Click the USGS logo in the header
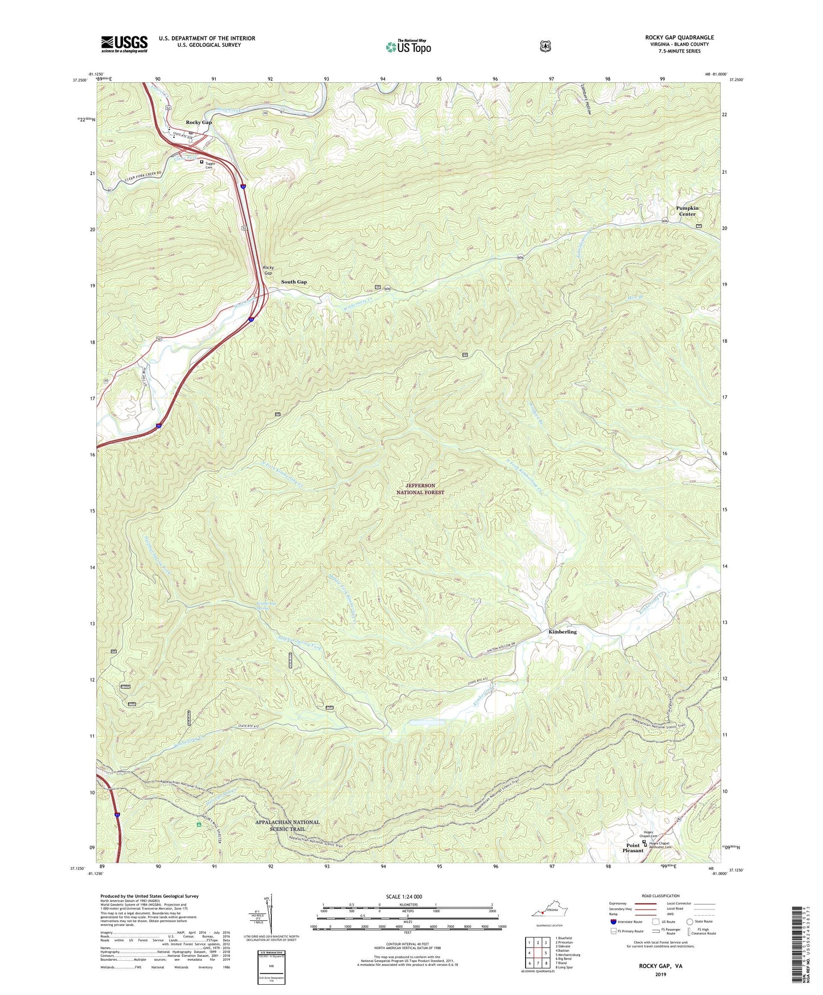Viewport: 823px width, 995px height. pos(124,43)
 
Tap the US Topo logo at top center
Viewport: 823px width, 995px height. pos(408,46)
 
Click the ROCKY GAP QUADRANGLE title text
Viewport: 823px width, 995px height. pos(679,38)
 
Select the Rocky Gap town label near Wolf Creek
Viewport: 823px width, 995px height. pos(199,123)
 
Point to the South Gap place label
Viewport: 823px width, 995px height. pos(294,282)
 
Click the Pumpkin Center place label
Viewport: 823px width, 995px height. pos(687,211)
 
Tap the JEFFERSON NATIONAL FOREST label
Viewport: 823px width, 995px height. pos(420,489)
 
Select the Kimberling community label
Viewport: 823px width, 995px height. pos(562,632)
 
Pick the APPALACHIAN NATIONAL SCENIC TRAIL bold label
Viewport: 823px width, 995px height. pos(287,825)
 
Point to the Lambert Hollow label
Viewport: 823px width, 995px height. pos(585,100)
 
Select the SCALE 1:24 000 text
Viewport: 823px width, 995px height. pos(404,896)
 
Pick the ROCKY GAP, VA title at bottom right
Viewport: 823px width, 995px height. pos(660,967)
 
